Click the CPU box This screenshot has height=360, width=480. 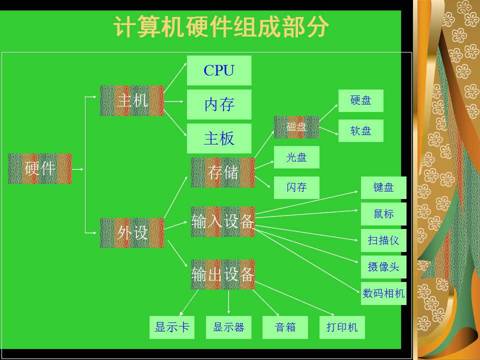coord(219,70)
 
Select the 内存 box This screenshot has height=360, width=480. coord(219,104)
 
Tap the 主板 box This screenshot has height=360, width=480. coord(219,138)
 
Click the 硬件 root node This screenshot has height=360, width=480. coord(40,168)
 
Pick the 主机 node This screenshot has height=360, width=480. coord(132,100)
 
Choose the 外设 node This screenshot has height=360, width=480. coord(132,232)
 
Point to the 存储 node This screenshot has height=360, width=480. coord(223,172)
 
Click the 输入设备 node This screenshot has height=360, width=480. coord(223,221)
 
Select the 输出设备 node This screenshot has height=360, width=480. coord(223,274)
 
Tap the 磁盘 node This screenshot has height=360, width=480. coord(296,127)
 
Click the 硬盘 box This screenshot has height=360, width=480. coord(361,100)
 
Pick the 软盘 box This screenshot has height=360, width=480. coord(361,130)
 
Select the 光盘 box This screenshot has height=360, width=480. coord(296,157)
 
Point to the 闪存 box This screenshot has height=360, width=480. coord(296,187)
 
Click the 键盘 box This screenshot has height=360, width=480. coord(383,187)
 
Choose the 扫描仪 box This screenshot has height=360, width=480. coord(383,240)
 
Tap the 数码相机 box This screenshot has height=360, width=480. coord(383,293)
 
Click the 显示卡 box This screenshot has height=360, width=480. coord(172,327)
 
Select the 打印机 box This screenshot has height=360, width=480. coord(342,327)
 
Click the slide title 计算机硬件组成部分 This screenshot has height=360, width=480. coord(221,26)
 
